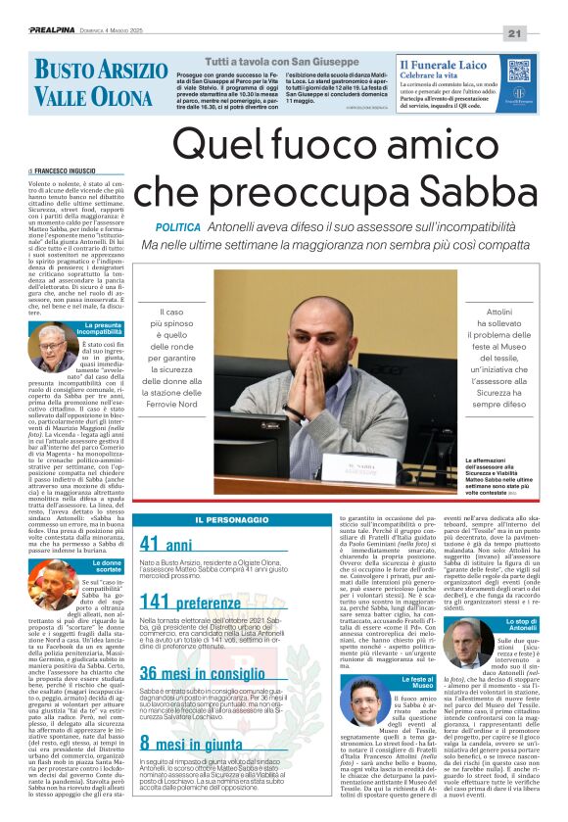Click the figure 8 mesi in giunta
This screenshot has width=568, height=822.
[192, 742]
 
